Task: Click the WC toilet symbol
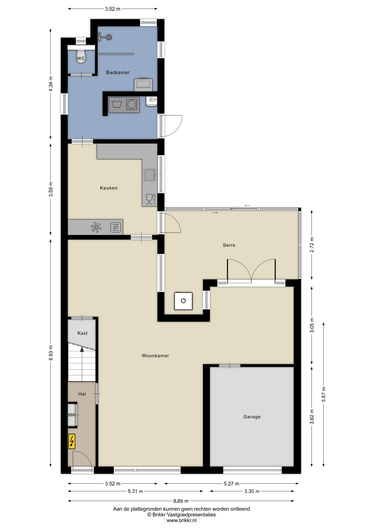click(x=81, y=57)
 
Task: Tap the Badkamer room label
click(x=118, y=72)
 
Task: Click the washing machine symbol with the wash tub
click(x=117, y=105)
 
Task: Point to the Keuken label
click(x=109, y=188)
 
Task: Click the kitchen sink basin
click(x=149, y=175)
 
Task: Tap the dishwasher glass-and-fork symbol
click(x=150, y=199)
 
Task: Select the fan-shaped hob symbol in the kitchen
click(x=96, y=227)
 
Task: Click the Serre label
click(x=229, y=245)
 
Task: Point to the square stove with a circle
click(x=183, y=301)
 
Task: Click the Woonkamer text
click(x=155, y=356)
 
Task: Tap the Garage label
click(x=252, y=417)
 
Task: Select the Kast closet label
click(x=82, y=333)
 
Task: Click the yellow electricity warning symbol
click(x=72, y=441)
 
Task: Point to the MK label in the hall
click(x=72, y=415)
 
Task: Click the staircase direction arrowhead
click(x=82, y=349)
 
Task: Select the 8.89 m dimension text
click(x=181, y=501)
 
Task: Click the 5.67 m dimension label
click(x=324, y=394)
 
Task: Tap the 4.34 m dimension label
click(x=51, y=84)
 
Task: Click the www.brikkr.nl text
click(x=181, y=520)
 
